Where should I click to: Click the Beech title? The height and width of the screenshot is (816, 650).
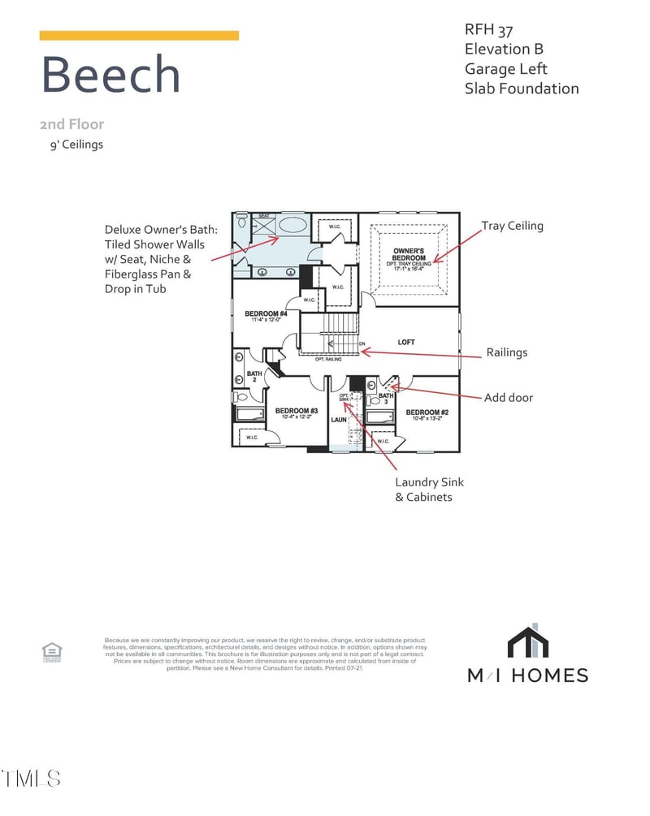click(110, 75)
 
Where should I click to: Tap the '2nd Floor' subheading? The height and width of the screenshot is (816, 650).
click(71, 125)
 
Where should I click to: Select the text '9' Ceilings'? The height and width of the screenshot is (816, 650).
click(76, 145)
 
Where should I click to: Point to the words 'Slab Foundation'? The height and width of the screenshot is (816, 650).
click(522, 89)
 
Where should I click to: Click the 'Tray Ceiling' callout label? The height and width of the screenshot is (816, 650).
click(512, 226)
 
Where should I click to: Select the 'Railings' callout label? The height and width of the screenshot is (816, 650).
click(507, 352)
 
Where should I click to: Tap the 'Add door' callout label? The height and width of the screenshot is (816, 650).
click(509, 397)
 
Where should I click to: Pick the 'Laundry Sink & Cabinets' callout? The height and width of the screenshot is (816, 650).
click(429, 489)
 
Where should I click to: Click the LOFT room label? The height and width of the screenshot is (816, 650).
click(406, 342)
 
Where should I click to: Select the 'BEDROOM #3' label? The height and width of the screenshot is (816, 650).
click(296, 412)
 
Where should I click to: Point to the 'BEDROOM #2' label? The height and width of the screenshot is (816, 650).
click(427, 412)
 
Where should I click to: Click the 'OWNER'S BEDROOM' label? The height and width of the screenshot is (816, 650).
click(409, 254)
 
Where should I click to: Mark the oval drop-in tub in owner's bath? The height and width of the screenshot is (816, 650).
click(292, 225)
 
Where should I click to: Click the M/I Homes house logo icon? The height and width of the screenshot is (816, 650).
click(534, 641)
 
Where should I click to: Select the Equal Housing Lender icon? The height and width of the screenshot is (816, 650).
click(51, 651)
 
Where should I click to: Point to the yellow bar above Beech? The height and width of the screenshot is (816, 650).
click(139, 36)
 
